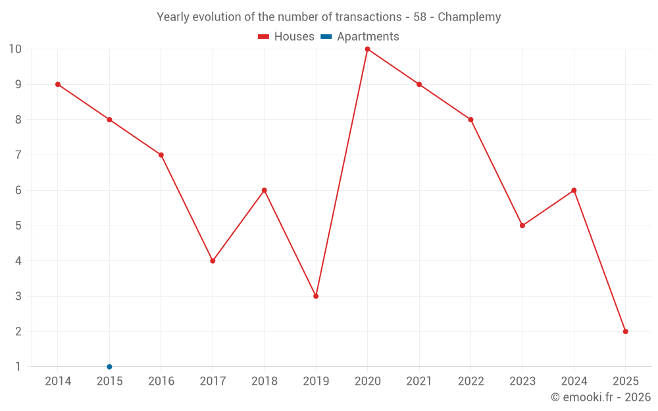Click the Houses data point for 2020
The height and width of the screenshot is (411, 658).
pyautogui.click(x=367, y=49)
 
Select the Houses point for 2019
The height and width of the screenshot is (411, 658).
pyautogui.click(x=316, y=296)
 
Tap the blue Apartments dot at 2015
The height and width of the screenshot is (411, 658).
pyautogui.click(x=109, y=367)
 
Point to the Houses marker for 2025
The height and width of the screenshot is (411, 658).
pyautogui.click(x=625, y=331)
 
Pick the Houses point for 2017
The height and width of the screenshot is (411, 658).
pyautogui.click(x=213, y=261)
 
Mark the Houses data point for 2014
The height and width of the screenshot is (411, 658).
pyautogui.click(x=58, y=84)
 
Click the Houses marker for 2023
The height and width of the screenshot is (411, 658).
pyautogui.click(x=522, y=226)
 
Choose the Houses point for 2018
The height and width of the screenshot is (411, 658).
pyautogui.click(x=265, y=190)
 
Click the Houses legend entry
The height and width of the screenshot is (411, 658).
pyautogui.click(x=286, y=37)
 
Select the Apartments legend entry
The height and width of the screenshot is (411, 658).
pyautogui.click(x=361, y=37)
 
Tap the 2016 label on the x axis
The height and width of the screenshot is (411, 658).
pyautogui.click(x=161, y=381)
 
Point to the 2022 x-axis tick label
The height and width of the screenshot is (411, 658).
pyautogui.click(x=470, y=381)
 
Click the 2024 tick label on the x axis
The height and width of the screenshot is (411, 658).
pyautogui.click(x=574, y=381)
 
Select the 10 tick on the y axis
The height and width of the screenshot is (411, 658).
pyautogui.click(x=15, y=49)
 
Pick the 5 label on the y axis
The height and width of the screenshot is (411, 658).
pyautogui.click(x=18, y=226)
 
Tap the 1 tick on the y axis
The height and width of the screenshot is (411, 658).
pyautogui.click(x=18, y=367)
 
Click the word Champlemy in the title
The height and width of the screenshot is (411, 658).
pyautogui.click(x=469, y=17)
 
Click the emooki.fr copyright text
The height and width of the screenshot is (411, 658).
pyautogui.click(x=601, y=397)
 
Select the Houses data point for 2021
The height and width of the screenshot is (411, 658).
pyautogui.click(x=419, y=84)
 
